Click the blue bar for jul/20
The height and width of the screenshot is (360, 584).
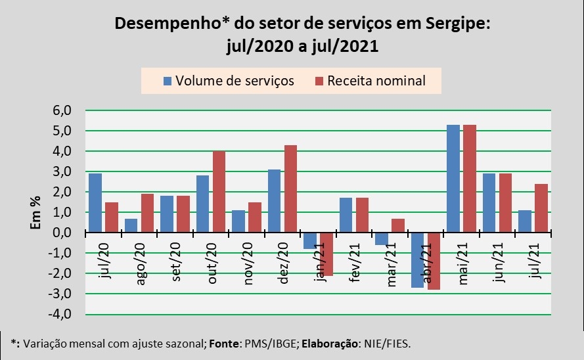click(95, 203)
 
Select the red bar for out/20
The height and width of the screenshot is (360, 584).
click(219, 192)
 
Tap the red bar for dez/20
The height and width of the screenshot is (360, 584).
click(290, 189)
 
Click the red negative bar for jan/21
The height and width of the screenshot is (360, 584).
click(326, 254)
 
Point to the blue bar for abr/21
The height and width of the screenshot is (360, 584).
click(417, 260)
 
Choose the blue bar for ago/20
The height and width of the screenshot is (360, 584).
click(131, 225)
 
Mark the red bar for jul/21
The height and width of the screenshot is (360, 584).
click(541, 208)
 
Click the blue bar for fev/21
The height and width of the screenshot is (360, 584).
click(346, 215)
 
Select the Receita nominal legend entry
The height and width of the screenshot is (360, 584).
click(369, 81)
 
